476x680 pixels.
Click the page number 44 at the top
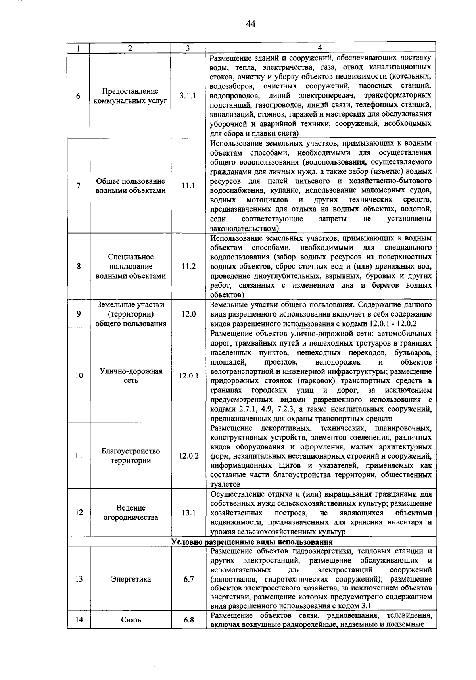click(x=250, y=25)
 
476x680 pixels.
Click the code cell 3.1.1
click(x=188, y=96)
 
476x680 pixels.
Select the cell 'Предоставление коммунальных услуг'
click(x=131, y=96)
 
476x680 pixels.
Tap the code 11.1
click(x=188, y=186)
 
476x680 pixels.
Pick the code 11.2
click(x=188, y=267)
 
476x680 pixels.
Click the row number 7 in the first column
click(x=79, y=186)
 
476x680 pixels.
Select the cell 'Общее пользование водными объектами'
click(x=131, y=186)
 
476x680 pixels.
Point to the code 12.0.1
click(x=188, y=376)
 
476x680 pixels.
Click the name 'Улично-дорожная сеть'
click(x=131, y=376)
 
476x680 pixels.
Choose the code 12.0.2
click(x=188, y=456)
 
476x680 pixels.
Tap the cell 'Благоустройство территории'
click(x=131, y=456)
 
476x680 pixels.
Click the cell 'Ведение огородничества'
click(x=131, y=513)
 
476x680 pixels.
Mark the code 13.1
click(x=188, y=513)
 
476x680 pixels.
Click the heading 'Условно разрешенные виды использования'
click(x=252, y=542)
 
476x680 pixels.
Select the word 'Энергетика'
click(x=131, y=579)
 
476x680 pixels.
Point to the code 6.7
click(x=188, y=579)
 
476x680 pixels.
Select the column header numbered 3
click(x=188, y=48)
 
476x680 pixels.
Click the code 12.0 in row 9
click(x=188, y=314)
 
